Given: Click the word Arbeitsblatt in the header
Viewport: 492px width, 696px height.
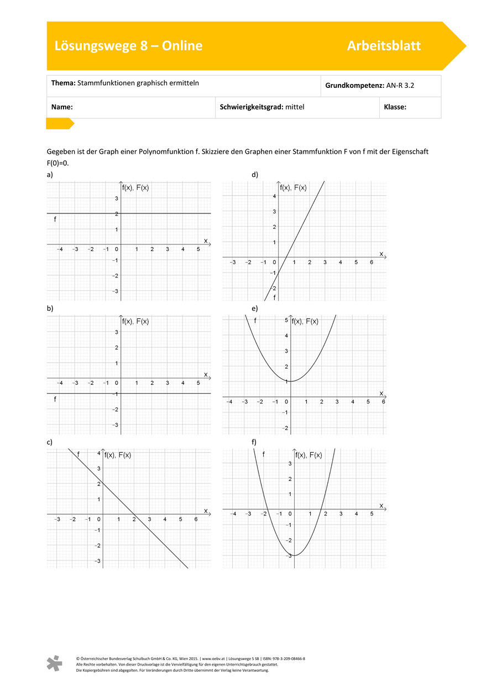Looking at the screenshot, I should click(x=384, y=46).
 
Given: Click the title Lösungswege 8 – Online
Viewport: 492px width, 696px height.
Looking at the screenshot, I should click(x=128, y=46).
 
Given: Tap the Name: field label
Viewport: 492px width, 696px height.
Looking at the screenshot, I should click(x=62, y=107).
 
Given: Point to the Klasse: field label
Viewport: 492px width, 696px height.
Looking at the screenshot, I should click(x=395, y=107).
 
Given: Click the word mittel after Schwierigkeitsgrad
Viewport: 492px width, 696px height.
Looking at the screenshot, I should click(x=295, y=107).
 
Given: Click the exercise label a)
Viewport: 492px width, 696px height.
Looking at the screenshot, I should click(x=50, y=175).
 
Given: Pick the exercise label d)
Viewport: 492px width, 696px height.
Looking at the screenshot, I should click(x=255, y=175).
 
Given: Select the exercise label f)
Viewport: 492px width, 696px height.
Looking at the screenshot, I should click(x=255, y=442).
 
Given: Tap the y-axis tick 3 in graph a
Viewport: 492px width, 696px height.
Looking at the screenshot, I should click(x=116, y=198).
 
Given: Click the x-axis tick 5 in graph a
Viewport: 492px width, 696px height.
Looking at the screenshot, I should click(x=198, y=250).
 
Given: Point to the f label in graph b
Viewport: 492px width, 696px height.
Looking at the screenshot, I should click(x=55, y=399).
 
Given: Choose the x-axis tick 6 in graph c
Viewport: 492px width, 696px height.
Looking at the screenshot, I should click(x=196, y=520).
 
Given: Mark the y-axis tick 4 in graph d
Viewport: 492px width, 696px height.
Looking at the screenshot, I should click(x=274, y=196).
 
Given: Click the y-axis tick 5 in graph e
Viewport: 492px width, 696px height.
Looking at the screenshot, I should click(x=286, y=320).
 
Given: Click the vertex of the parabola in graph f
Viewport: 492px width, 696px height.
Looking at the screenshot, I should click(x=294, y=555).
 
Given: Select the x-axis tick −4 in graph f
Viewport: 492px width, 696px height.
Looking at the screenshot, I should click(x=233, y=514).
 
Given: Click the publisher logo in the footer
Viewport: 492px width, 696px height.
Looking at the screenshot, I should click(x=54, y=663).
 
